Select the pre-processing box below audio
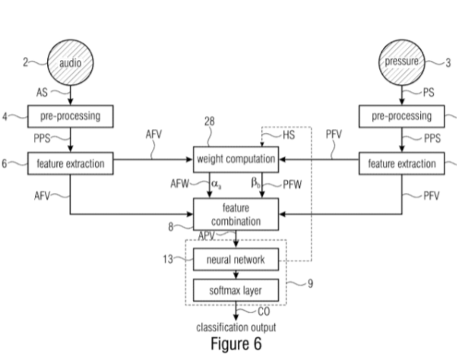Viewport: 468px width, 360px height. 70,117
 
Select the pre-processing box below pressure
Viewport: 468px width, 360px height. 400,117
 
